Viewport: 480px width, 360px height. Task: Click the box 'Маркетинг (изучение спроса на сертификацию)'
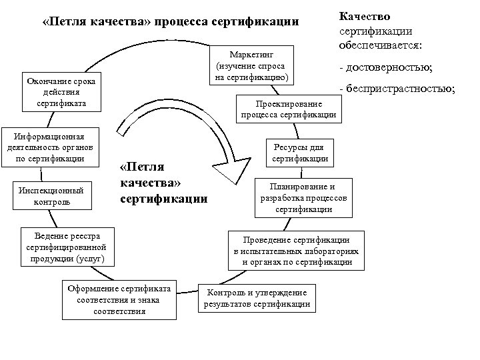(251, 65)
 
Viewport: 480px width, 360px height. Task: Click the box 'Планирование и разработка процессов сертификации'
(303, 197)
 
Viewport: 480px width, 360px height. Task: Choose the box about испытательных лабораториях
(297, 251)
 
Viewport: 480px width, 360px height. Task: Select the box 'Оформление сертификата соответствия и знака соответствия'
(119, 299)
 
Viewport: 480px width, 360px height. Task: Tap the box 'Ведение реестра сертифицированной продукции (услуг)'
(67, 247)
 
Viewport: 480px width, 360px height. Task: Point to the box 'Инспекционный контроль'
(51, 194)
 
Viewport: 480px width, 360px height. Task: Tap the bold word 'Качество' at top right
(365, 16)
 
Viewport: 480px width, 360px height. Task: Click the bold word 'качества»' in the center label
(151, 182)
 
